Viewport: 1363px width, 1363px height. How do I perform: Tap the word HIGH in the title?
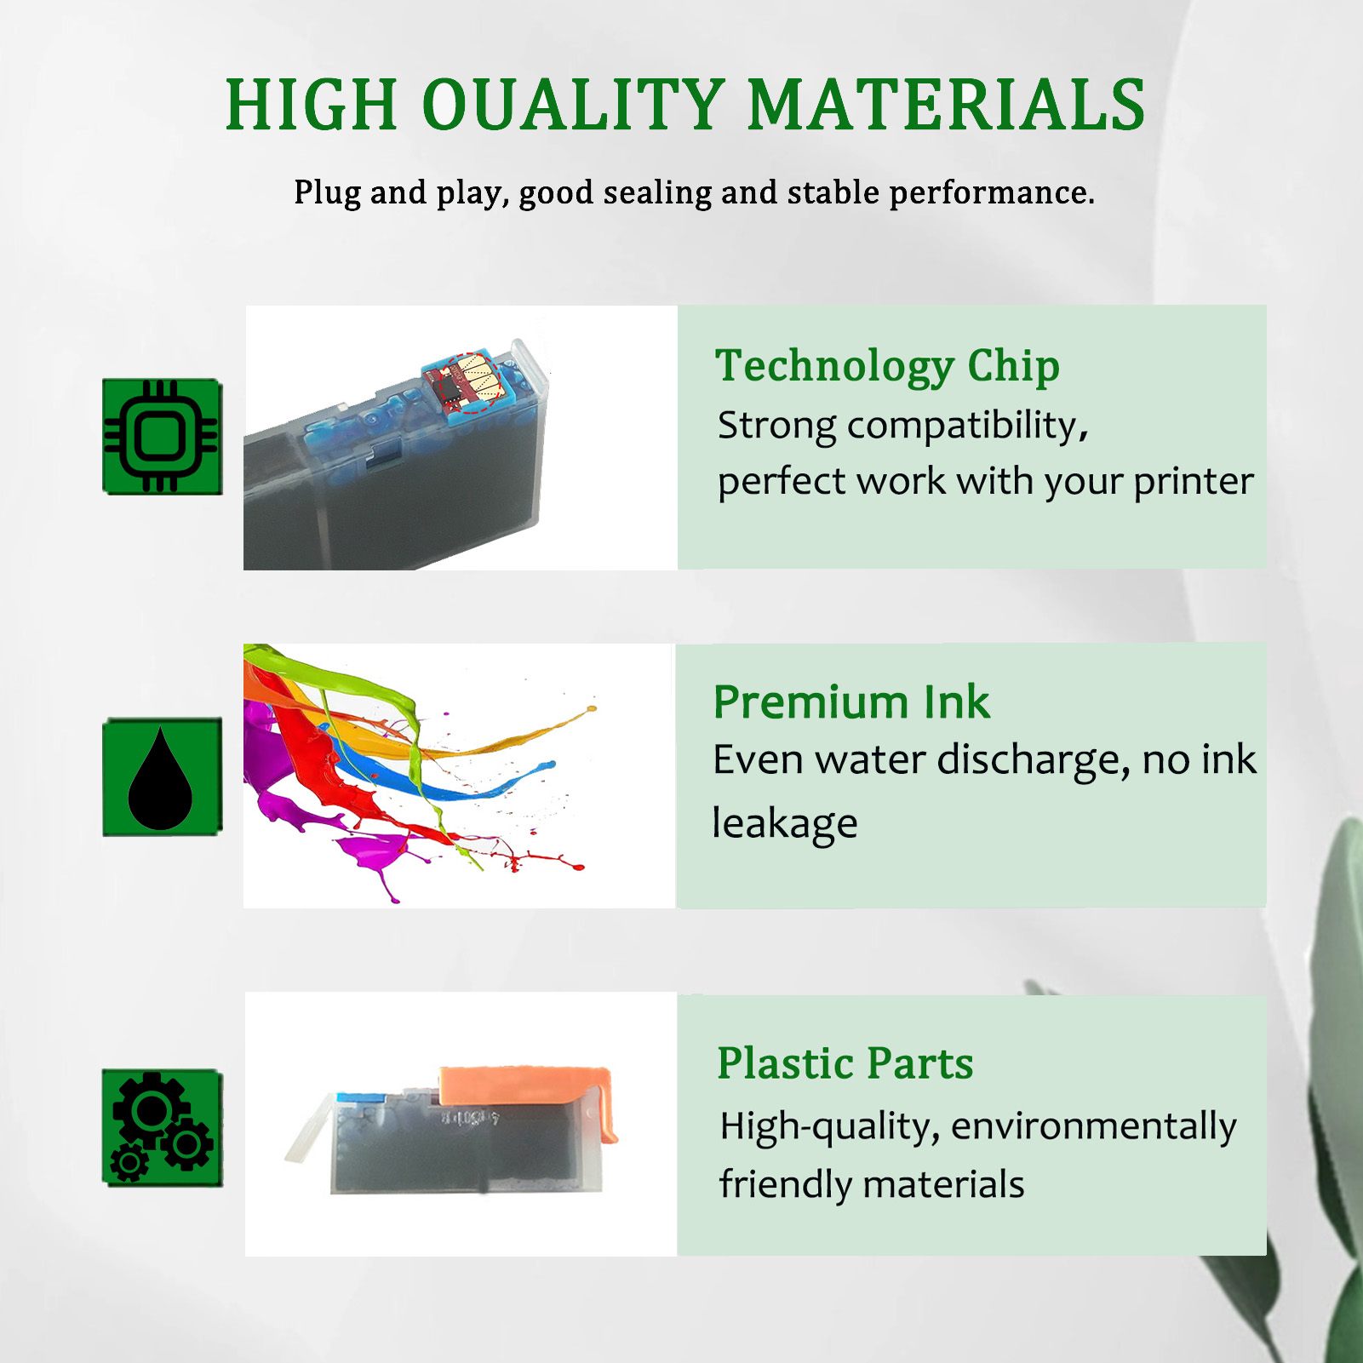[311, 106]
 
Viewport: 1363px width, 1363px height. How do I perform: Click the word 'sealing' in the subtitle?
[656, 193]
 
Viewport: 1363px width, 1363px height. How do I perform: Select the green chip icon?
[162, 436]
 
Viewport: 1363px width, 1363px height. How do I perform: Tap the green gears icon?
[162, 1127]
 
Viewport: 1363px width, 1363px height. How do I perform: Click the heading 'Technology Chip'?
[886, 366]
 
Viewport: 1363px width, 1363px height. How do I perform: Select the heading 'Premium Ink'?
[851, 702]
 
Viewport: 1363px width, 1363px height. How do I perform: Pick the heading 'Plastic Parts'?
[845, 1063]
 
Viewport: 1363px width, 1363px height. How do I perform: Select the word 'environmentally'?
[1093, 1127]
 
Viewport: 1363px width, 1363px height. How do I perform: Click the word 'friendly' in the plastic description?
[784, 1185]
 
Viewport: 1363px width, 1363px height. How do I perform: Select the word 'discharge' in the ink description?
[1033, 761]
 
